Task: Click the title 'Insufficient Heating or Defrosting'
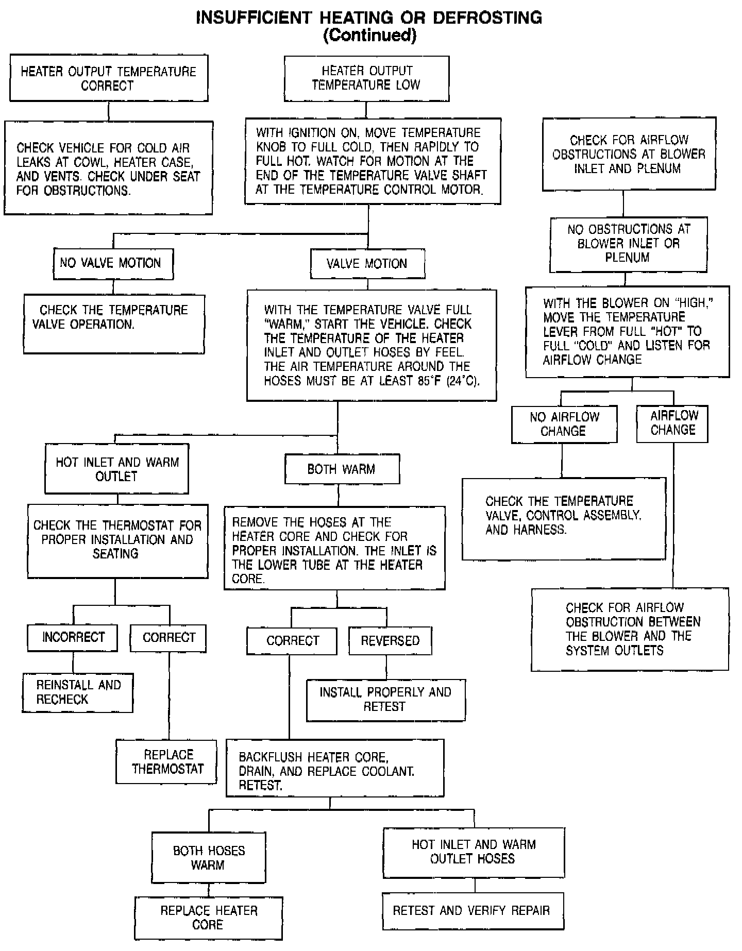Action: (369, 18)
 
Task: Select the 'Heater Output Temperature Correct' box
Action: (109, 78)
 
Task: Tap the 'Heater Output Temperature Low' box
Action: (366, 78)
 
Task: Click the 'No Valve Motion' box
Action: (113, 264)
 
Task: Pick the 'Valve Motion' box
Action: (367, 264)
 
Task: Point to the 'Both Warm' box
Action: (342, 469)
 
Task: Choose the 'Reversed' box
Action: (390, 640)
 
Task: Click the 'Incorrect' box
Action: (73, 638)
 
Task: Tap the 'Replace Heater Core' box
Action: (209, 918)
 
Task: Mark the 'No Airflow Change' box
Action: (564, 424)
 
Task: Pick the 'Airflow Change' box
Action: (672, 423)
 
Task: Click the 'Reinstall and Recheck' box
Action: (78, 692)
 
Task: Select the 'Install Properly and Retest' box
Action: (385, 700)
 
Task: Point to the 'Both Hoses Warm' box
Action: (209, 858)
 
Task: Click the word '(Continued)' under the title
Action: (369, 36)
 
